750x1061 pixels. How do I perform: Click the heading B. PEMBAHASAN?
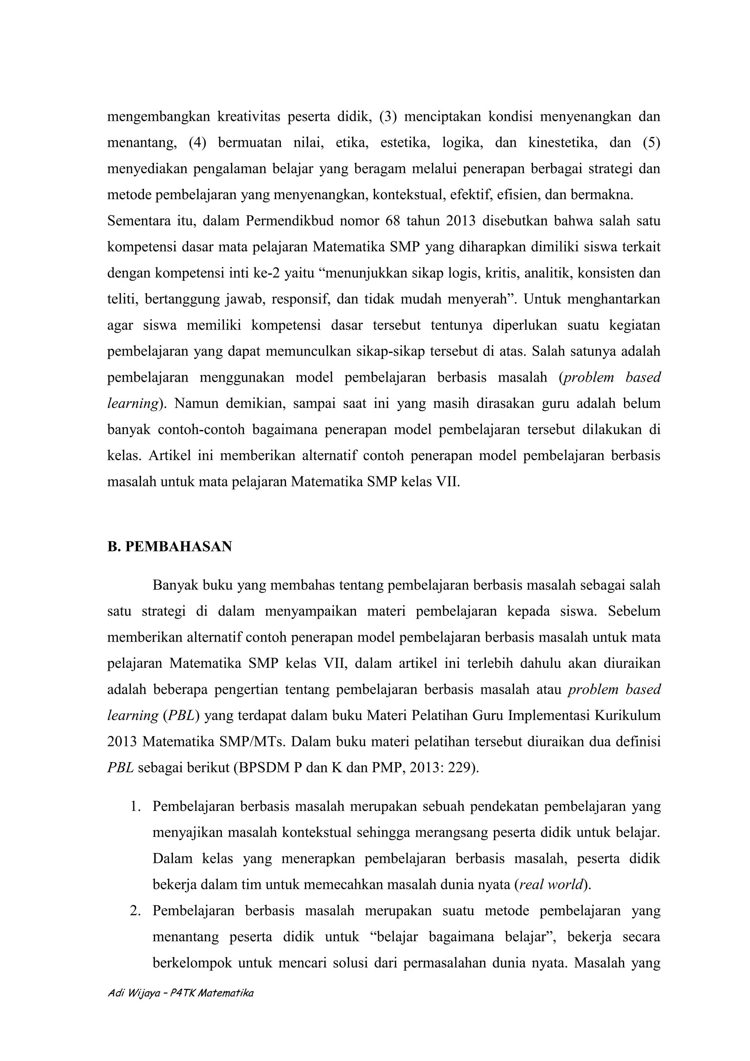[x=169, y=547]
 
